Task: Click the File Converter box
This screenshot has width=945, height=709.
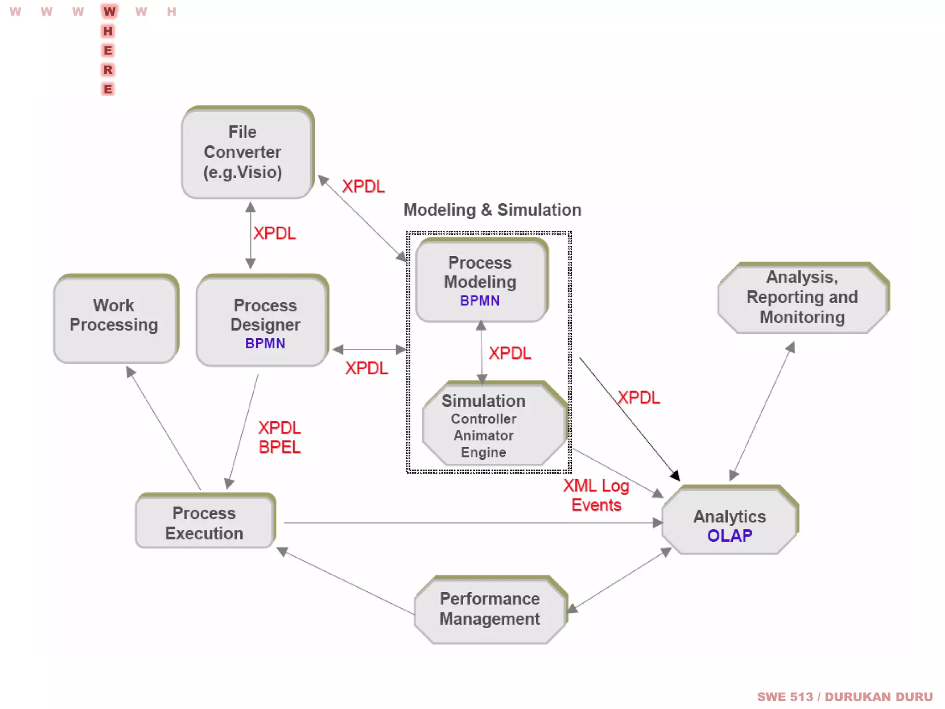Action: [247, 152]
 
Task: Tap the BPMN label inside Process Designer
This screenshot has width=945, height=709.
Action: [265, 343]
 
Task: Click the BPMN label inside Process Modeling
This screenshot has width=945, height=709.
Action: [480, 300]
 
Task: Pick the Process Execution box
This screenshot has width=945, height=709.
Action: [204, 523]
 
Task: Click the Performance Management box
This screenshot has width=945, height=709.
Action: [490, 609]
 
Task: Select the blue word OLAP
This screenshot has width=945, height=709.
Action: [730, 535]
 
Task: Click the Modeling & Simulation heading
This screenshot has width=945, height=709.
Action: [492, 210]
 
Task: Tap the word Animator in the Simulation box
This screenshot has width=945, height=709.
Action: [483, 435]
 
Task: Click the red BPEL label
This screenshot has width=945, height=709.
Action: [280, 447]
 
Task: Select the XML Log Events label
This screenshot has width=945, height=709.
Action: [596, 495]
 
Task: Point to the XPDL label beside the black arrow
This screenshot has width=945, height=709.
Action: [639, 397]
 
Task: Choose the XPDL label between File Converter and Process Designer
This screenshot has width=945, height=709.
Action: [275, 233]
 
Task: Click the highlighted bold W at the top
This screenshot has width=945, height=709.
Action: [109, 12]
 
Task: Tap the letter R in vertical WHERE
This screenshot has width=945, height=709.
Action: [108, 70]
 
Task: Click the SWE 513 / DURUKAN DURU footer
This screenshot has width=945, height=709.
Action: [844, 697]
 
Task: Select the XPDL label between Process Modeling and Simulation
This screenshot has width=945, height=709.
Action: [510, 353]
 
